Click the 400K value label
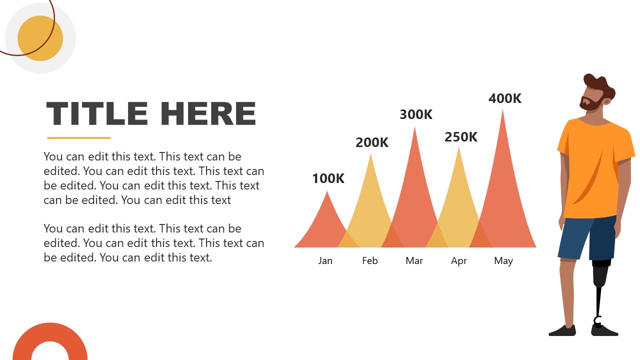505,98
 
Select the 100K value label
328,178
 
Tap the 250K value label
461,137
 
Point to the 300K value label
416,114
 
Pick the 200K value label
372,142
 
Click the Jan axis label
325,260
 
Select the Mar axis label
414,260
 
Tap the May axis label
503,261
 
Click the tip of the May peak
502,109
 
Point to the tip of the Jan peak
327,191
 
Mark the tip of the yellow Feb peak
370,153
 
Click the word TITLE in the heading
97,113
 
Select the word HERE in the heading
208,113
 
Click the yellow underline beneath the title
79,138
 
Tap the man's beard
589,104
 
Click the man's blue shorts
587,238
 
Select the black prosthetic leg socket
601,272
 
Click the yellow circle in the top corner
40,38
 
